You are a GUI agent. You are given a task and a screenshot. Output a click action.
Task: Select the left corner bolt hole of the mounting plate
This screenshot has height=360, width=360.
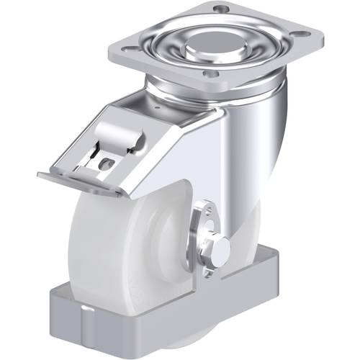tap(130, 50)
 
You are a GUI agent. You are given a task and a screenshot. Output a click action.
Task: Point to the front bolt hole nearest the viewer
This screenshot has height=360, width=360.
tap(210, 74)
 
